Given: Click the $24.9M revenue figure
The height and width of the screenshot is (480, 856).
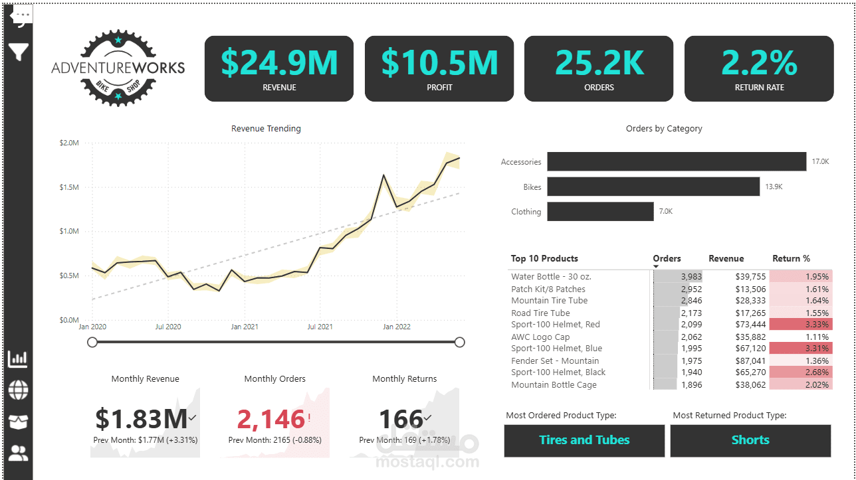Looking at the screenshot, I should tap(279, 62).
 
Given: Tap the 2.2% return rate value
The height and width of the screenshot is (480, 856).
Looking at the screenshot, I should tap(759, 62).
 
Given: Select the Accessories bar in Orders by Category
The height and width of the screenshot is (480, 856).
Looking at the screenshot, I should tap(677, 161).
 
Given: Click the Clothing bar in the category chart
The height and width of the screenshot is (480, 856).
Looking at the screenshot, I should tap(600, 212).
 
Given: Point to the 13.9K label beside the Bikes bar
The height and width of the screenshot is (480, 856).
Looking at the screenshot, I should tap(774, 187).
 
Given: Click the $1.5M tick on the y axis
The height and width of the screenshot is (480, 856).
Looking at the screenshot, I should tap(69, 187).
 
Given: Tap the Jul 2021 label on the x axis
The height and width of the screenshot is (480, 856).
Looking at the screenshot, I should tap(320, 327).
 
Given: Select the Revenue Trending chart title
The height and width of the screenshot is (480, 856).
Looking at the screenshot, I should tap(266, 129).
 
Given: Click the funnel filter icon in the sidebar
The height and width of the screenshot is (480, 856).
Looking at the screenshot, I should tap(19, 52).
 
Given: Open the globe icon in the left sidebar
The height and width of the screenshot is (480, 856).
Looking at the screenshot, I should tap(19, 390).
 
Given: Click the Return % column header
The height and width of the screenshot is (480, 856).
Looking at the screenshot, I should tap(791, 259).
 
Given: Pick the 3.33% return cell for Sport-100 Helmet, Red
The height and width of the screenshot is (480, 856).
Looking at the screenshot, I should tap(801, 325).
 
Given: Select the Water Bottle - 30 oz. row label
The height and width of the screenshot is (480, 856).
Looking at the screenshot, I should tap(551, 276).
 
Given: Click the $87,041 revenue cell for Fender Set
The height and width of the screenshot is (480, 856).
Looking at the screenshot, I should tap(732, 360).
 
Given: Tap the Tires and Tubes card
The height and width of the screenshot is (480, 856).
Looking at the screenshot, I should tap(584, 440).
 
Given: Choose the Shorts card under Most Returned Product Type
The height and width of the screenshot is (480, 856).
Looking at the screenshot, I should tap(750, 440).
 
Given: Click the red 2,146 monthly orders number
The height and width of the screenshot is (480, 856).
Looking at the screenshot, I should tap(271, 420).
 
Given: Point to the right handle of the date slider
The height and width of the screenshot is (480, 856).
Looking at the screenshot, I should tap(459, 342).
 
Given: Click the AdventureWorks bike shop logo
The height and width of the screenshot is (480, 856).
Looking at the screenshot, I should tap(118, 68).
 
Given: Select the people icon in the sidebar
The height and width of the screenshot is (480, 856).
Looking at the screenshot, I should tap(19, 454).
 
